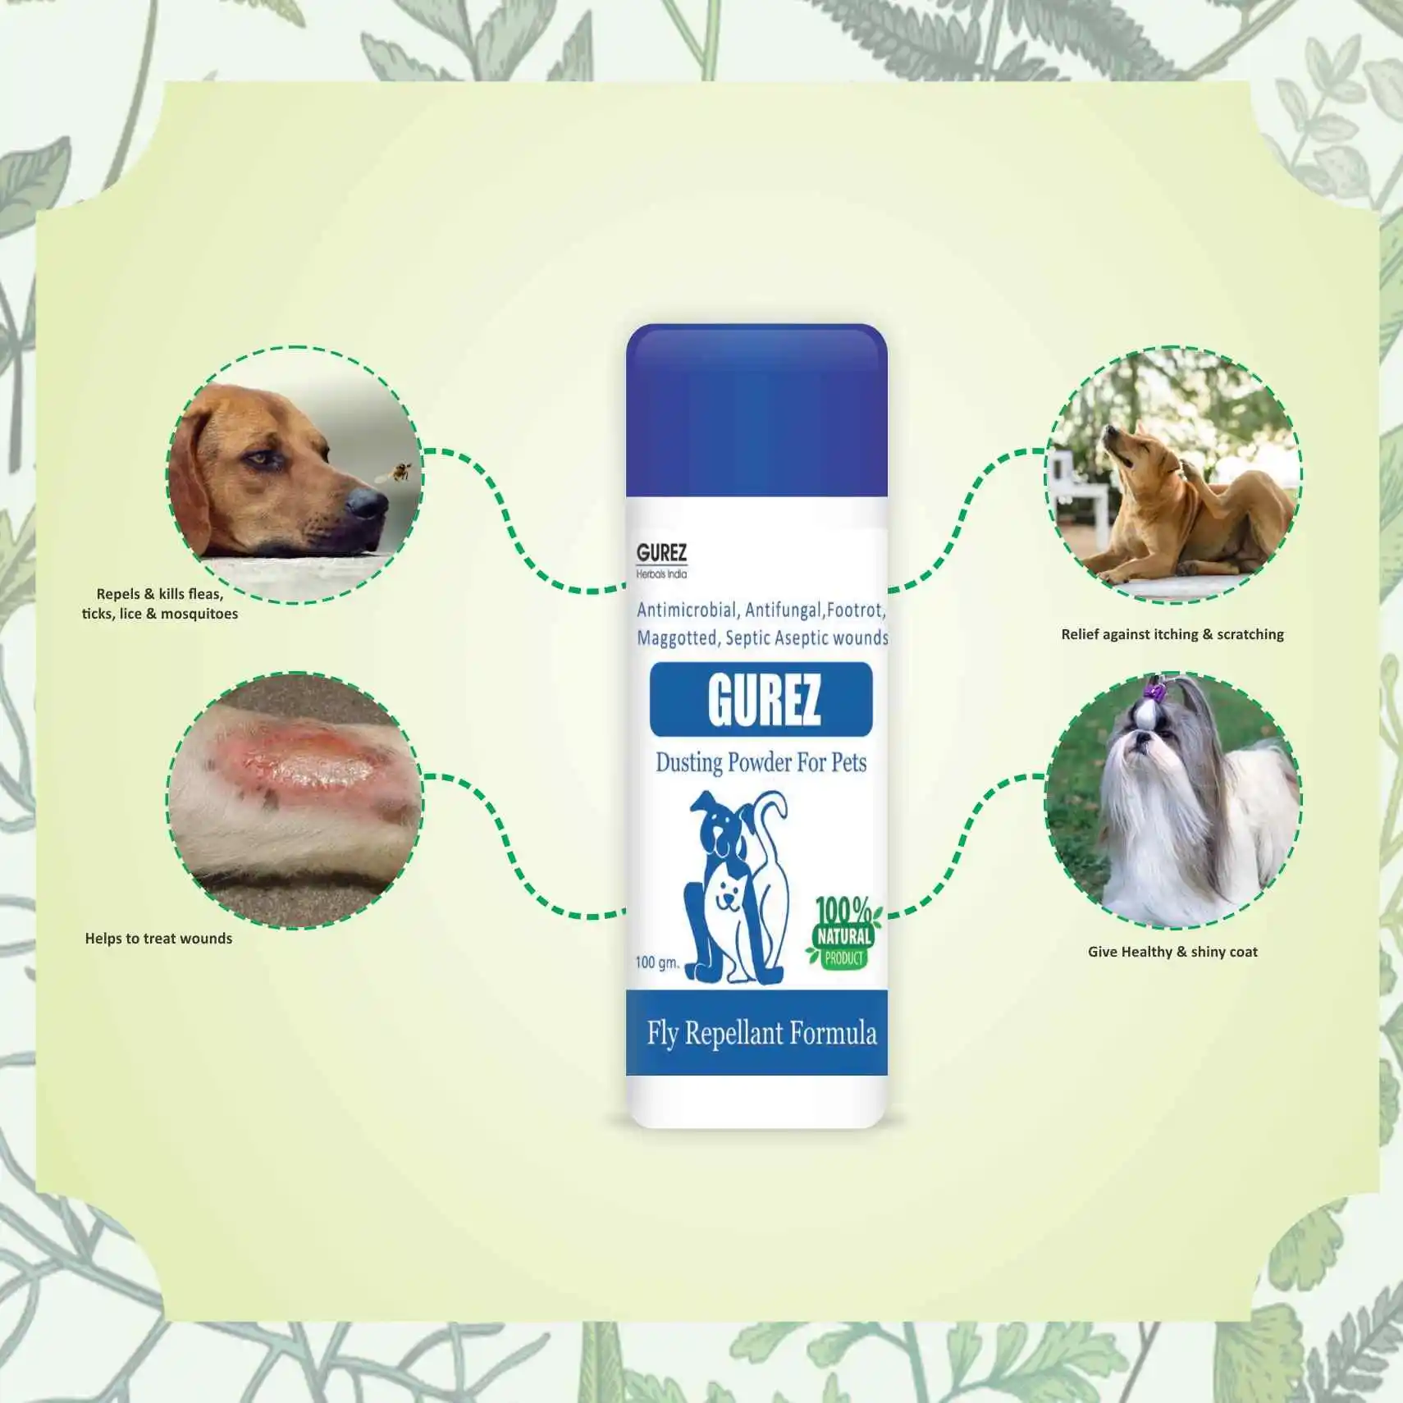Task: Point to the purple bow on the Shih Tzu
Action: coord(1156,692)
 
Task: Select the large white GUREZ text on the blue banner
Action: coord(764,699)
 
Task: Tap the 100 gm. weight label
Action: coord(657,962)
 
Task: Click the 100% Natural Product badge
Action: coord(843,934)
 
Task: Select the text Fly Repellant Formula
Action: coord(761,1033)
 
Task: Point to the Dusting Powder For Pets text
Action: coord(761,762)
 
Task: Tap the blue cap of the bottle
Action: coord(756,410)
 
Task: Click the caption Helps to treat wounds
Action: coord(158,939)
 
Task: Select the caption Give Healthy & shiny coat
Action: coord(1172,952)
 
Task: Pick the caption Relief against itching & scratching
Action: coord(1172,634)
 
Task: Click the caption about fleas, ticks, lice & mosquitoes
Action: coord(160,604)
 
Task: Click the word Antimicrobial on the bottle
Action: coord(687,610)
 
